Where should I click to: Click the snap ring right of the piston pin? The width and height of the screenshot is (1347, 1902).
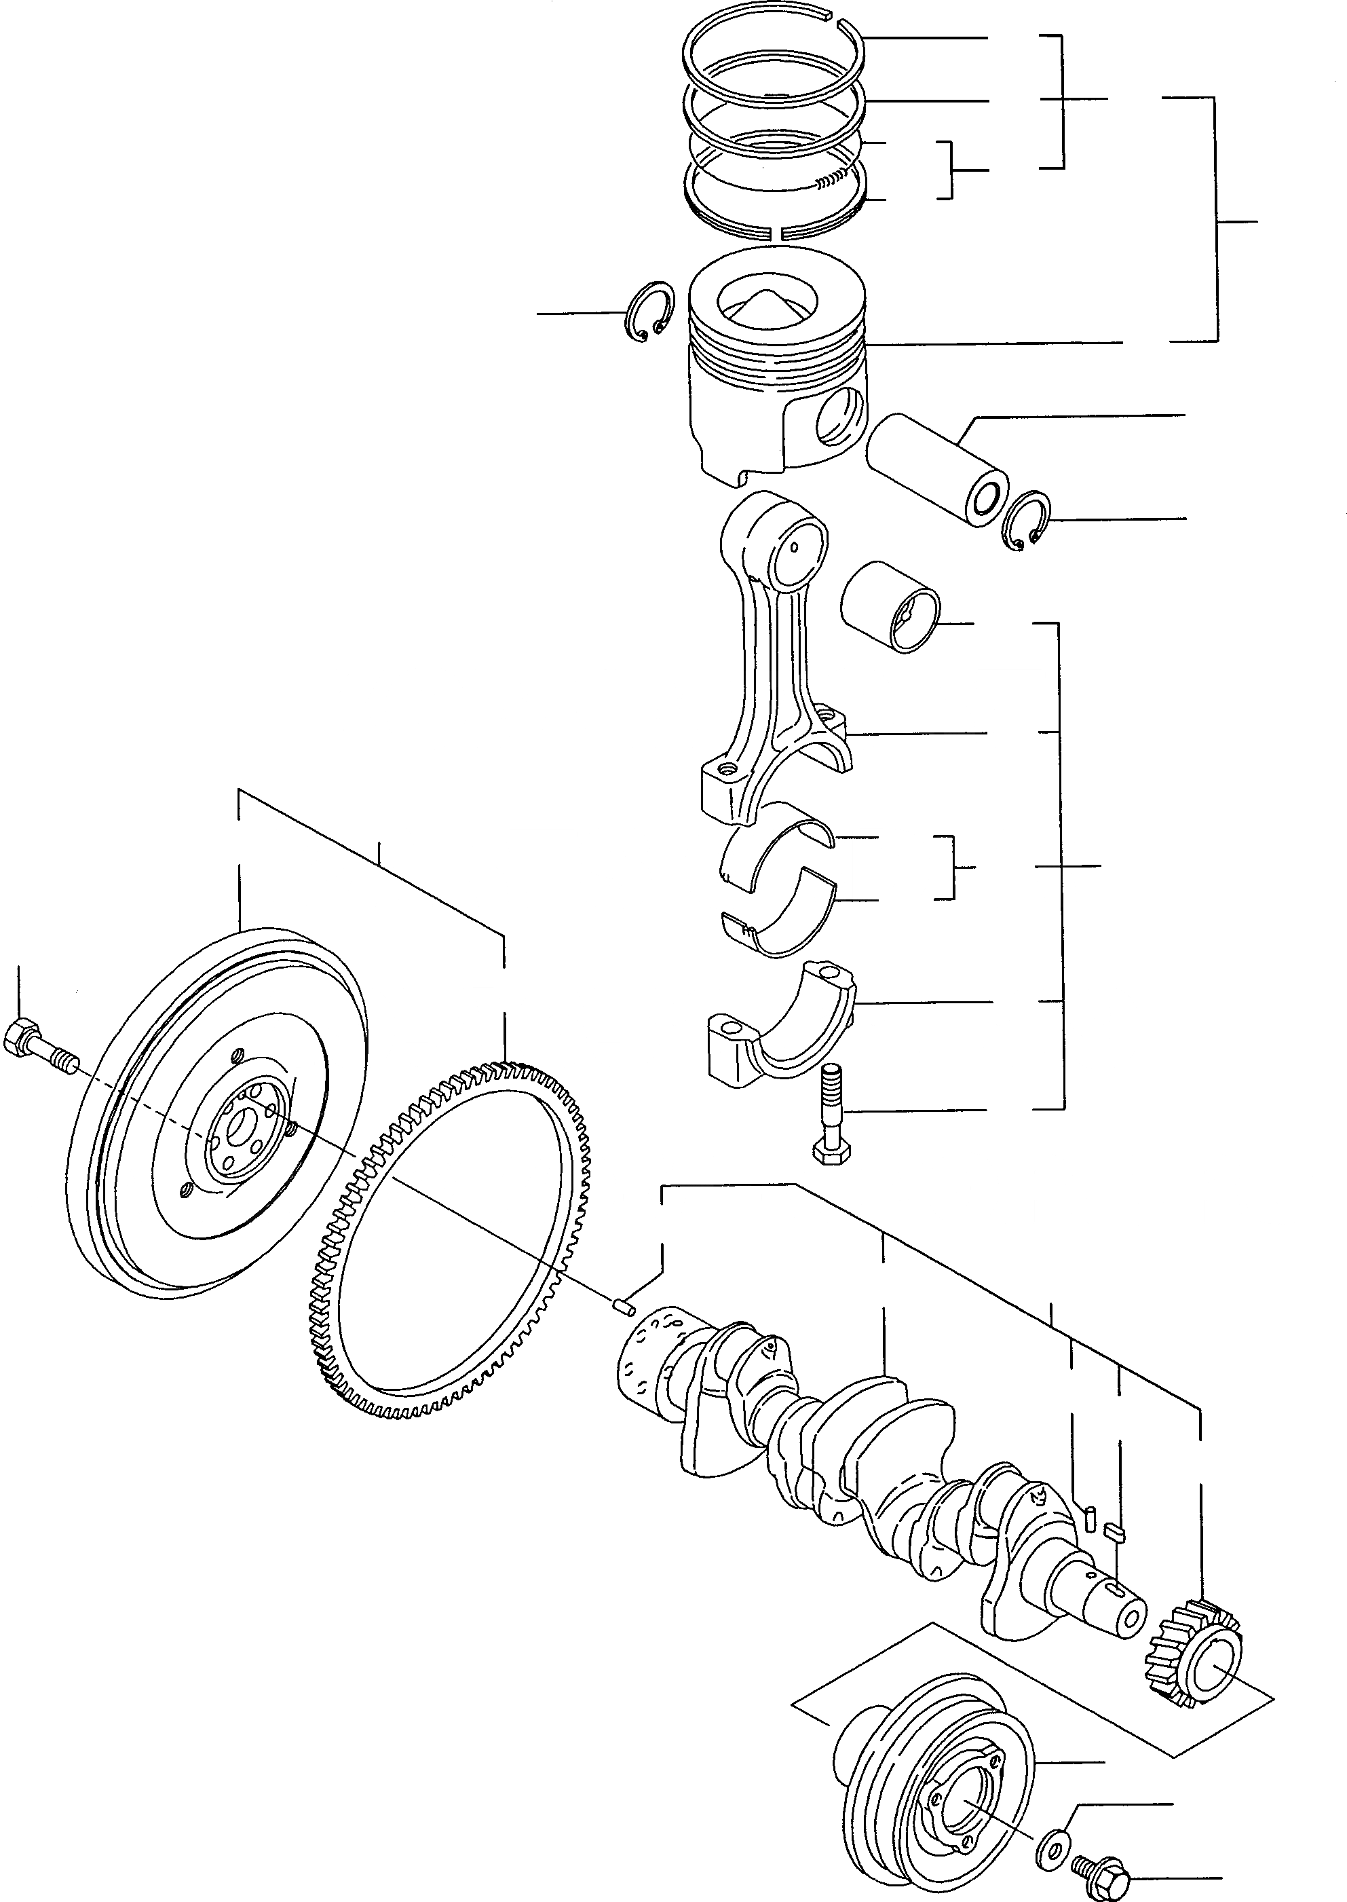point(1026,520)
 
